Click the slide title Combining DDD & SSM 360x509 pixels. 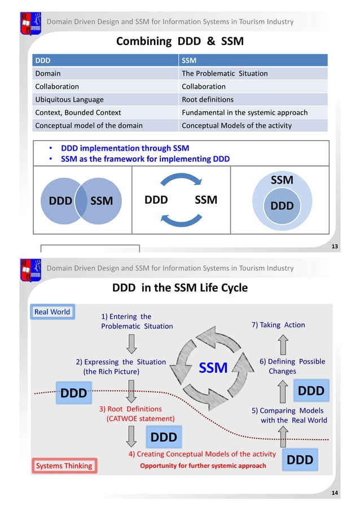click(179, 41)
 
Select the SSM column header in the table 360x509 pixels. click(188, 60)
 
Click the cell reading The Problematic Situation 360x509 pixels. click(225, 73)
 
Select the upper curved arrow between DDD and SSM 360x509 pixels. click(181, 180)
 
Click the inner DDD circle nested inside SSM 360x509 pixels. click(282, 206)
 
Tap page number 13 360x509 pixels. click(335, 247)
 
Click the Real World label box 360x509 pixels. click(52, 312)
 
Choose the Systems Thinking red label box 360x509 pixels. click(64, 466)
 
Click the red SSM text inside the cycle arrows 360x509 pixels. click(213, 368)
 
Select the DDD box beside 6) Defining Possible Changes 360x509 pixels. click(311, 391)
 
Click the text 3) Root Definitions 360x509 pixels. click(130, 409)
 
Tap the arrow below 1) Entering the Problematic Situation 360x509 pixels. click(131, 342)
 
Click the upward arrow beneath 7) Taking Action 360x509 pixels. click(283, 344)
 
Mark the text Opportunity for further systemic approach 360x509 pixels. click(203, 466)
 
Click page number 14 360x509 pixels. click(335, 494)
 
